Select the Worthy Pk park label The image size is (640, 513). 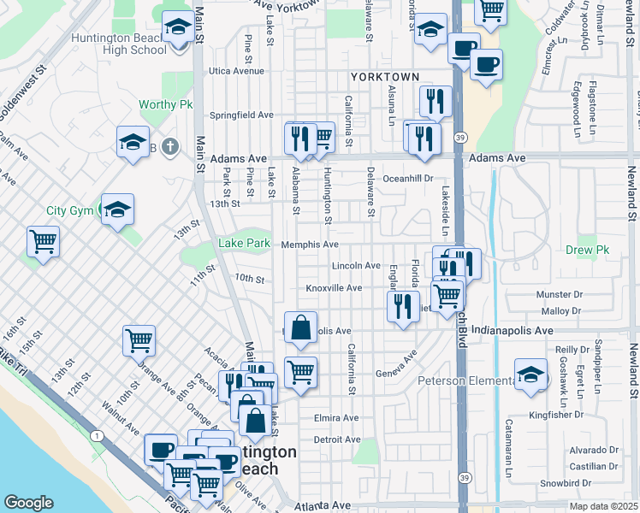point(166,105)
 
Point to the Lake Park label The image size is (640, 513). point(244,244)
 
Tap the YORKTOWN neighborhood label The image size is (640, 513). point(385,77)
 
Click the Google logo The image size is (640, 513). point(28,503)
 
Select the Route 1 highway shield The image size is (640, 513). point(98,437)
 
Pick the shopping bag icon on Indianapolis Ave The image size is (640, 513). point(301,327)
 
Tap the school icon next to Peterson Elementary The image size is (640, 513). point(530,374)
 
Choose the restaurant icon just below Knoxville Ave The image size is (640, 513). point(403,306)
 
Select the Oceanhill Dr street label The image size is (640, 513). point(410,179)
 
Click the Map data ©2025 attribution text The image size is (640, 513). point(604,506)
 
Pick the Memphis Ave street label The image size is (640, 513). point(310,245)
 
